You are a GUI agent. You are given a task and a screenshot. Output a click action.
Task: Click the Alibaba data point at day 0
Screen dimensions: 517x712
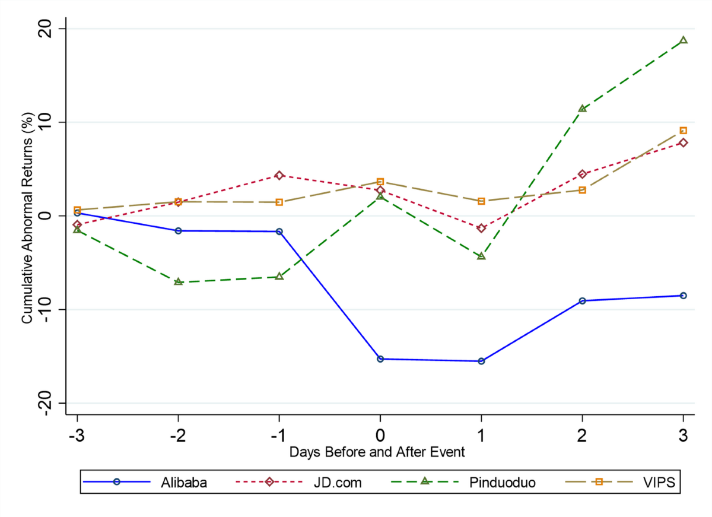click(380, 359)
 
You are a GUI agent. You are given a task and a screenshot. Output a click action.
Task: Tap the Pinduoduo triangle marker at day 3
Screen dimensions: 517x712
click(684, 40)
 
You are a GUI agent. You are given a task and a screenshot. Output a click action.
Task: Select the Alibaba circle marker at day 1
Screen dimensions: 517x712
click(481, 361)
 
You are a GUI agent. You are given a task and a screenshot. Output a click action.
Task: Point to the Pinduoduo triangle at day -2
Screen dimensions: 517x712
click(178, 282)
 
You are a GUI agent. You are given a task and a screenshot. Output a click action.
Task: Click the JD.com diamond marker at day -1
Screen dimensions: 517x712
click(279, 175)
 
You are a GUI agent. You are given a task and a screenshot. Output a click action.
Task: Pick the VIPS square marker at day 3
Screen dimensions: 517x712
click(684, 130)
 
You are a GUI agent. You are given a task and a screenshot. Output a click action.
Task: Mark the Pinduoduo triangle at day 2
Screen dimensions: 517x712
click(583, 109)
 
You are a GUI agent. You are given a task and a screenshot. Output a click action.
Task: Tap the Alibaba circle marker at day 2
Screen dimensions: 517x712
click(583, 301)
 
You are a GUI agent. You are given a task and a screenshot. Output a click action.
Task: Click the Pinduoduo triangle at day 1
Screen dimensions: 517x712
click(481, 256)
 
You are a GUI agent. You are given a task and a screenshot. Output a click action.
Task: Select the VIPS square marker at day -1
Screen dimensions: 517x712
click(279, 202)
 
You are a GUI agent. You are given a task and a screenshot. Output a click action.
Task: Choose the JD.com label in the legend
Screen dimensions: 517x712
click(338, 482)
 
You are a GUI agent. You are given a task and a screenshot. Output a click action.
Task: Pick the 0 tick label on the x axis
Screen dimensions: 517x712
click(380, 434)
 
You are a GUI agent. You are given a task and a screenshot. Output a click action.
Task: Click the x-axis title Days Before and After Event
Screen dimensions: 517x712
click(377, 452)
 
